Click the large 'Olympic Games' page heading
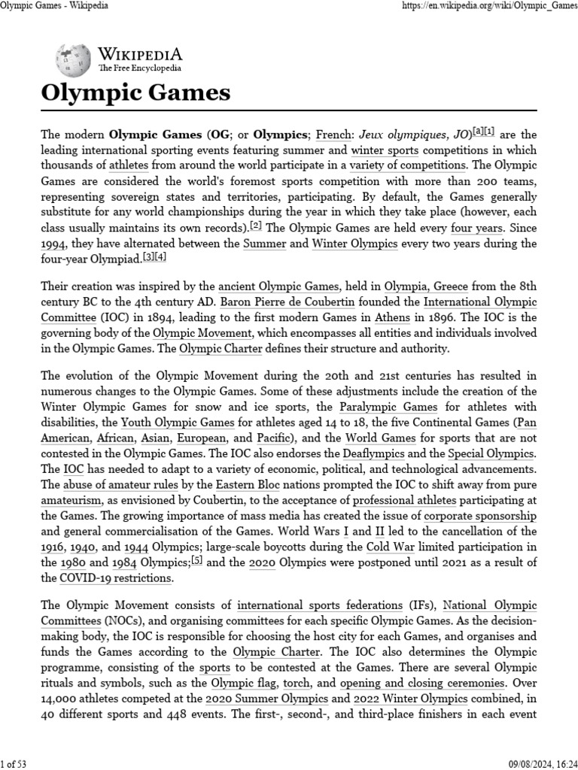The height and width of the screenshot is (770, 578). [x=135, y=93]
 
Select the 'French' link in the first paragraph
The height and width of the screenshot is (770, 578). [x=333, y=135]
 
